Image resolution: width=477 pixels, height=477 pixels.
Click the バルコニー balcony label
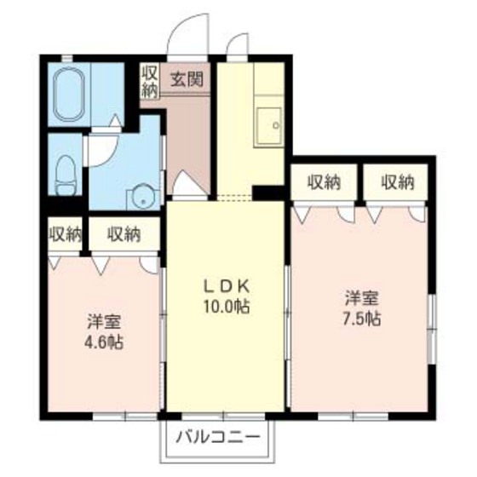click(x=220, y=440)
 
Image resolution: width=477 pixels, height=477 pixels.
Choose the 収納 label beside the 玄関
click(x=148, y=82)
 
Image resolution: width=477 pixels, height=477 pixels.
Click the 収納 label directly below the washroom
click(x=124, y=233)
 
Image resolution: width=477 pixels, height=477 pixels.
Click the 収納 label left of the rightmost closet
click(x=325, y=181)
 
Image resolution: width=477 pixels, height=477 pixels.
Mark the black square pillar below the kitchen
click(x=270, y=194)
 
